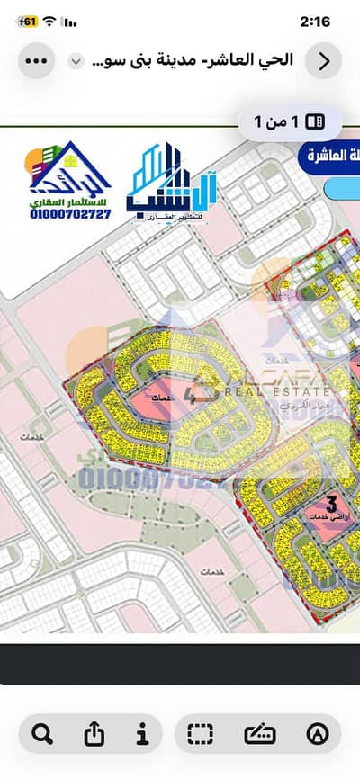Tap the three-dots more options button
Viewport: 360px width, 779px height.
coord(36,61)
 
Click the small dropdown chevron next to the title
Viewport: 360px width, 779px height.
coord(76,61)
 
